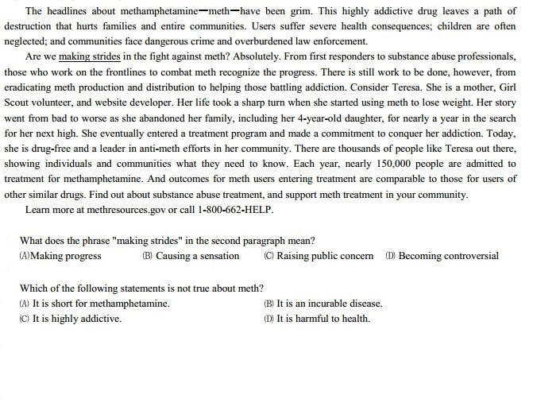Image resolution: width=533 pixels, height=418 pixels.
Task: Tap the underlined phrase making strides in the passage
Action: [88, 58]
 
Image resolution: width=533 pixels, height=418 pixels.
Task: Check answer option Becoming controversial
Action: [448, 256]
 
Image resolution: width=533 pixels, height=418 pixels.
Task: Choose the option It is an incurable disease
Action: [328, 303]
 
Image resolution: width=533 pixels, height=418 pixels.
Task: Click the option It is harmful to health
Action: [323, 319]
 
